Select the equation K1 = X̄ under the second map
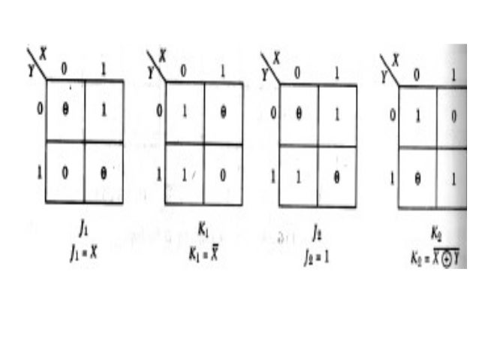click(x=203, y=254)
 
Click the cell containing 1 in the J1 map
click(x=104, y=110)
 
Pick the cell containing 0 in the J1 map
click(x=65, y=171)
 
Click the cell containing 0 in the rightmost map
click(x=452, y=116)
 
